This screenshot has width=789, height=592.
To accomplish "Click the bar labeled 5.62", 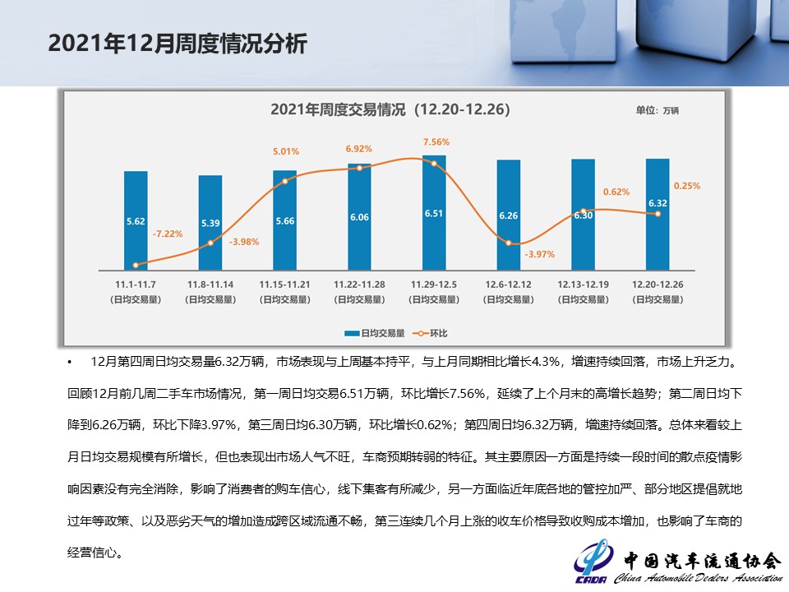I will [136, 220].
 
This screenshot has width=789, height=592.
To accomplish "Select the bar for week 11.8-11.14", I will [210, 222].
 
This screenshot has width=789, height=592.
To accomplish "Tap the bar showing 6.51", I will [434, 212].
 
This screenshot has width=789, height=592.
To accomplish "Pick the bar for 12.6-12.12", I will [509, 215].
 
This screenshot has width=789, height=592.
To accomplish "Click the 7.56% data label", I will [436, 141].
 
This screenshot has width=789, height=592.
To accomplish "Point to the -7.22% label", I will [168, 234].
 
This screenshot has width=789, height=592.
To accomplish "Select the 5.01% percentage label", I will [286, 151].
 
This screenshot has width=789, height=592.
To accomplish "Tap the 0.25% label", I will [686, 186].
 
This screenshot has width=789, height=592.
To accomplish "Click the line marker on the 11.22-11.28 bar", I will [359, 168].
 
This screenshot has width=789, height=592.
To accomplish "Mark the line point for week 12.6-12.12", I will [509, 243].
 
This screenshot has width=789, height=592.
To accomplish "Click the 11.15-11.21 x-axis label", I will [285, 284].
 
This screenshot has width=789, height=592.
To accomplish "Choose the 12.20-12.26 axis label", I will [657, 284].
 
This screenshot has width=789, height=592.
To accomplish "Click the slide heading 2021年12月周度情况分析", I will [178, 44].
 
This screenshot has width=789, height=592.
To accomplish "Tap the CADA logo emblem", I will [593, 562].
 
